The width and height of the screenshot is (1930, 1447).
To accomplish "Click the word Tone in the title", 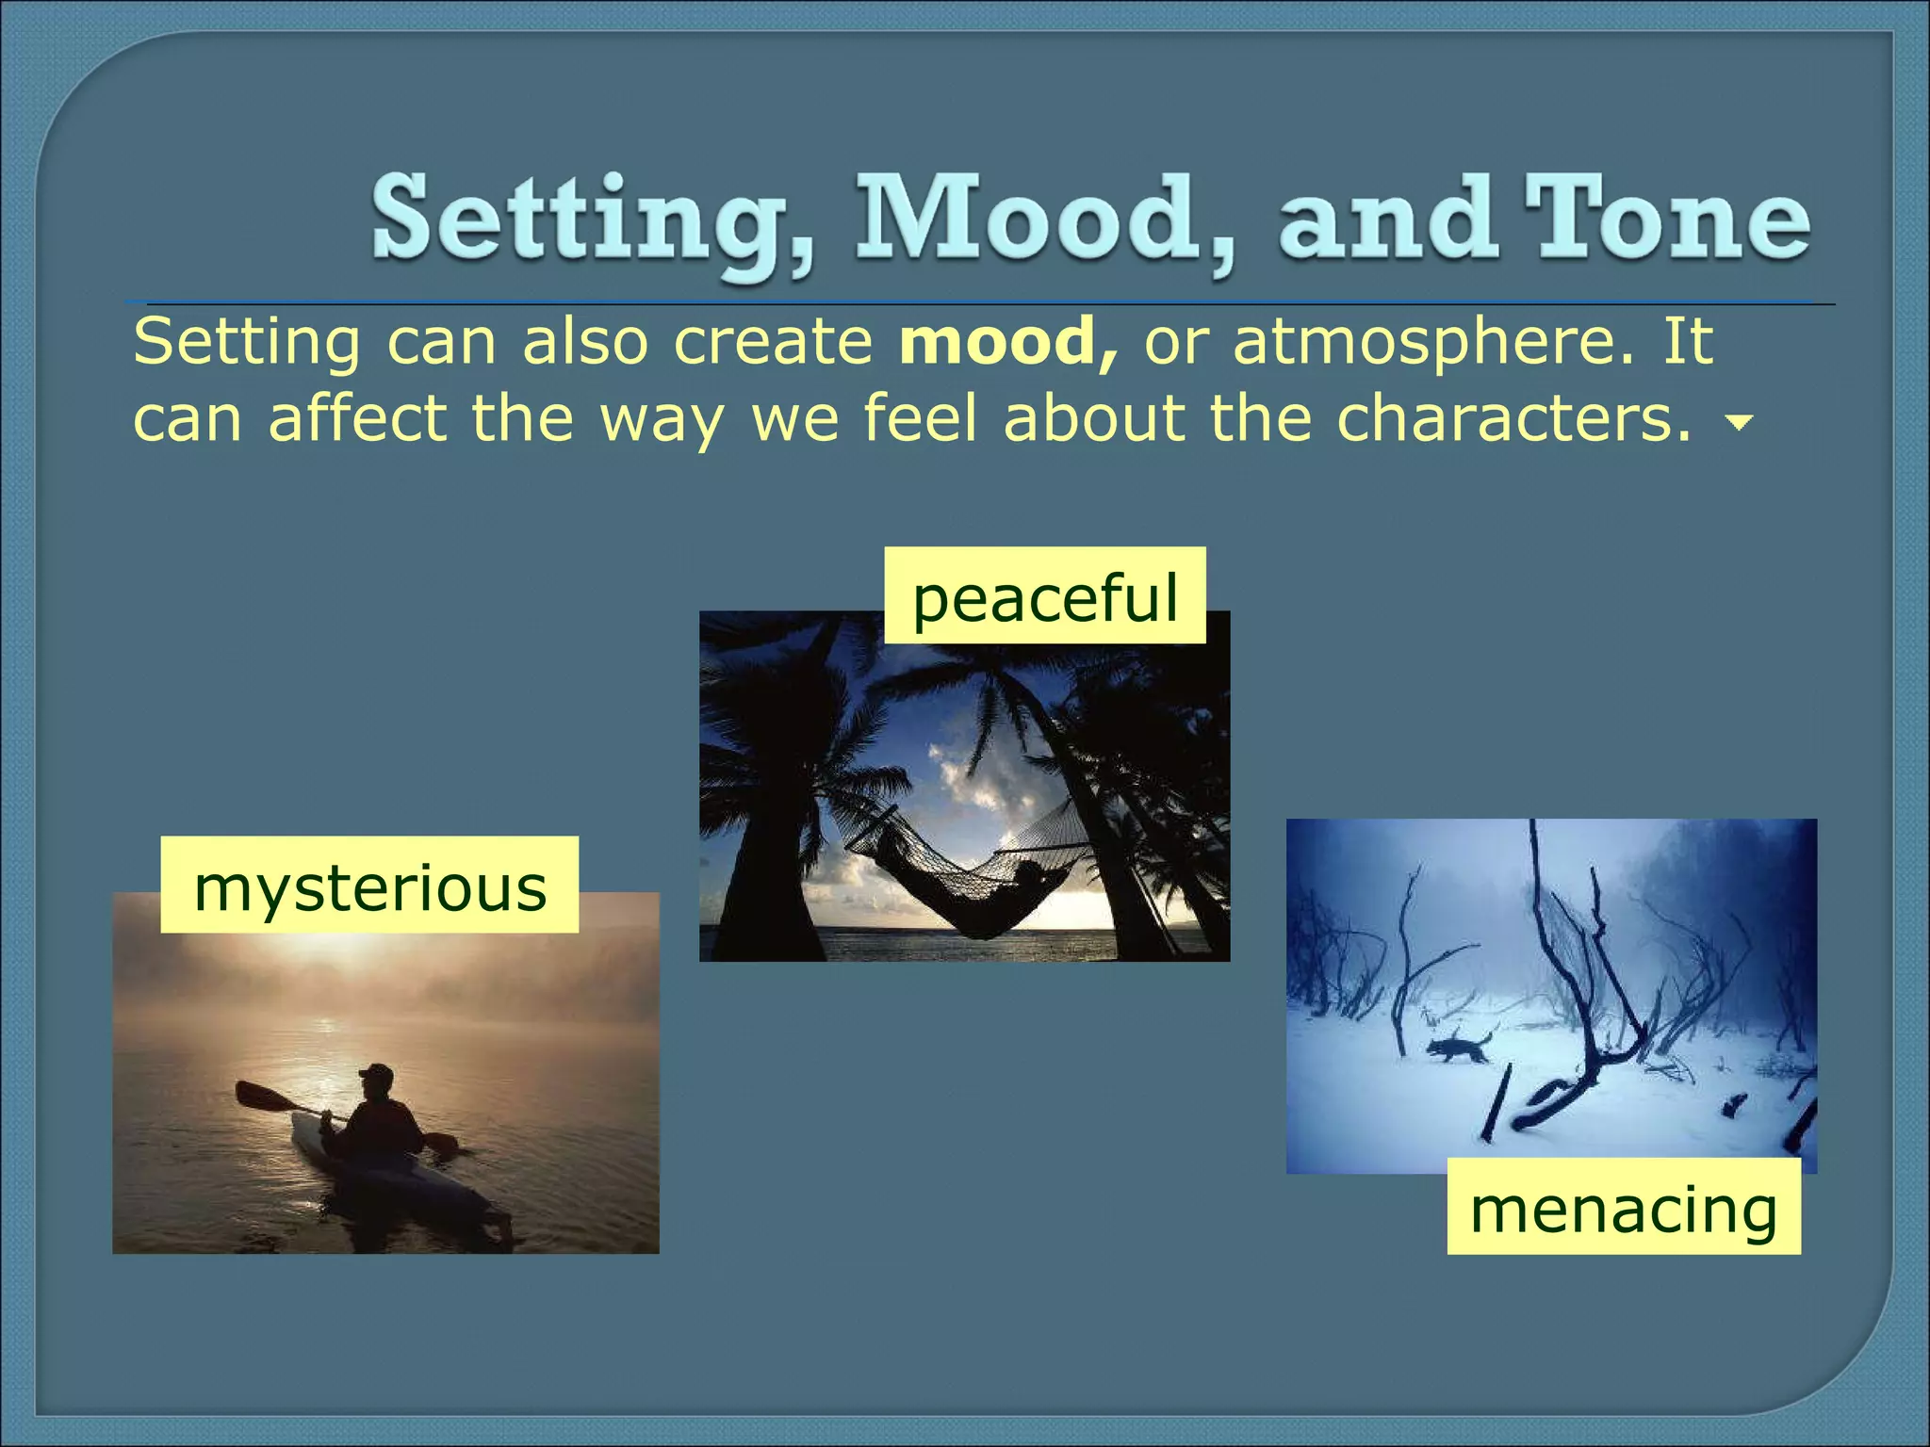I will (x=1666, y=219).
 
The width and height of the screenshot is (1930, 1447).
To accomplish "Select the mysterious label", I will (x=369, y=886).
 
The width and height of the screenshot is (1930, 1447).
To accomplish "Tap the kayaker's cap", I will (x=377, y=1074).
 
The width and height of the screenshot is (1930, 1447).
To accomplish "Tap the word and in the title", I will (x=1385, y=219).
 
